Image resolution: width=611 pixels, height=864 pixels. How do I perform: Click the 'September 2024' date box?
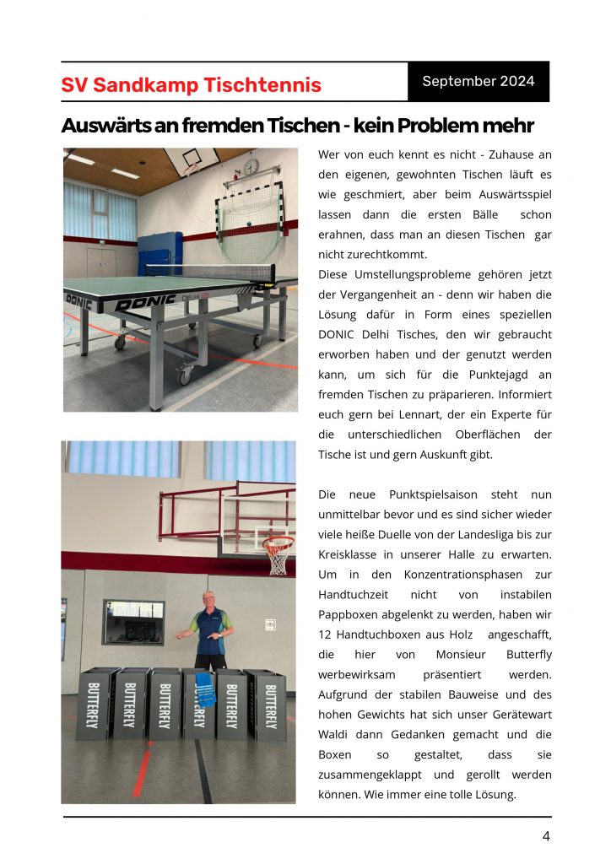(479, 82)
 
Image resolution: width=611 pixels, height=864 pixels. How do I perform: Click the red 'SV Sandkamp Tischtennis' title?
(191, 85)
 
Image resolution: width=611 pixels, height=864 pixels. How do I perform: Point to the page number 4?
(546, 836)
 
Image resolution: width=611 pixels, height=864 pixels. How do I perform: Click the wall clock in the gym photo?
(251, 167)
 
